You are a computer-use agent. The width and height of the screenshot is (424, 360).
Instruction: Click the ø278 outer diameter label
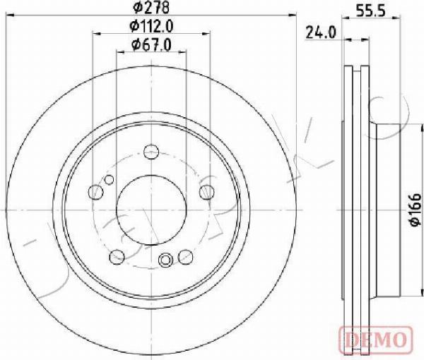[x=151, y=7]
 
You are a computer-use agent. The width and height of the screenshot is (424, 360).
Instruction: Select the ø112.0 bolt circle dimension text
[x=151, y=26]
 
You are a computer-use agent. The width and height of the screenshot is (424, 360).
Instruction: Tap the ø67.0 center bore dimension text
[x=151, y=44]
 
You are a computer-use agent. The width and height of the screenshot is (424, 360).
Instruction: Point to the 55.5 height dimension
[x=370, y=11]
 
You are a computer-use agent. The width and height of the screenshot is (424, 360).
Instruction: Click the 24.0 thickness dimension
[x=321, y=32]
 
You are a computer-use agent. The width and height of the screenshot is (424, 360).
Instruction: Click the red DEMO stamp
[x=376, y=336]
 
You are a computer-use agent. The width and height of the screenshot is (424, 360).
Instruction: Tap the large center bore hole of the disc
[x=151, y=210]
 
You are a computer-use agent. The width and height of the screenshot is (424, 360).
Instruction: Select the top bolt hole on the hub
[x=151, y=152]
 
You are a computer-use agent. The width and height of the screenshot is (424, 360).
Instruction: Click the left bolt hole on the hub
[x=95, y=192]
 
